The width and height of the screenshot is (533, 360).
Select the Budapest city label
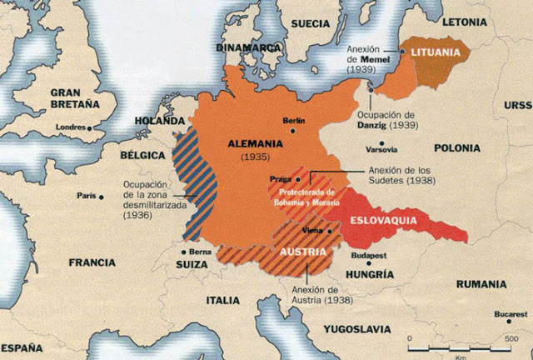(x=371, y=254)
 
